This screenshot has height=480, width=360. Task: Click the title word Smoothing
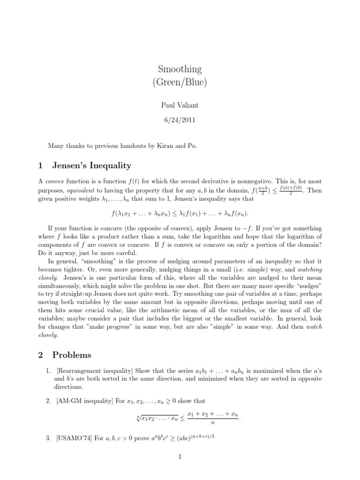[180, 69]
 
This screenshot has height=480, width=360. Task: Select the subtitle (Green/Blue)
[180, 83]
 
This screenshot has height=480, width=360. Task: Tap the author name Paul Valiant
[180, 106]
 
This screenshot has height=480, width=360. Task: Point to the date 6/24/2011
[180, 120]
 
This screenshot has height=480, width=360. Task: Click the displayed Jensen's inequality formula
[180, 214]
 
